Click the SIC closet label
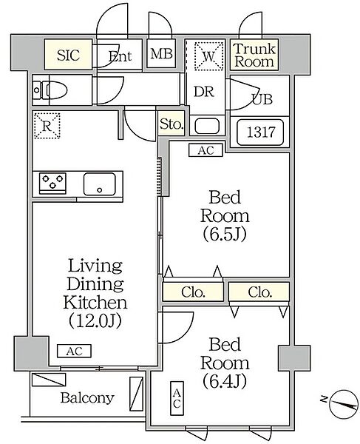68,55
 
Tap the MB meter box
161,53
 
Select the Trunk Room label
254,55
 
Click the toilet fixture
50,90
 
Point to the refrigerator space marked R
47,126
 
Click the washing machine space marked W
209,56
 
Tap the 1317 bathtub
260,132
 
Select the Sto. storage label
171,124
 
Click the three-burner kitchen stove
53,184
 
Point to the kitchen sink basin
100,184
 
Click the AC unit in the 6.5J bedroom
206,150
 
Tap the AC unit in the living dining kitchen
74,351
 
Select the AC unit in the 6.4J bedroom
177,398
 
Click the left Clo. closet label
193,292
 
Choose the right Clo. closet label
260,292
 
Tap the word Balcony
87,398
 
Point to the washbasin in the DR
207,126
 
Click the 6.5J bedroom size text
225,235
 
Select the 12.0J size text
95,321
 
